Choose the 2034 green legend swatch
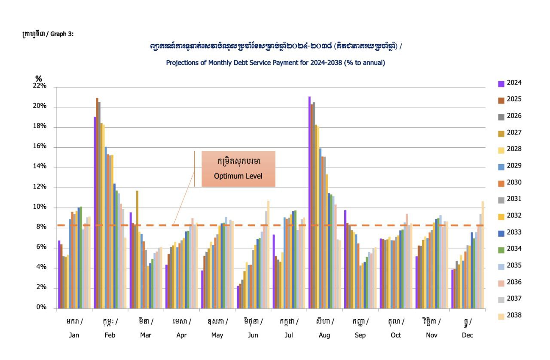tap(501, 249)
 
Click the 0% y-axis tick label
tap(41, 308)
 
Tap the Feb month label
tap(110, 335)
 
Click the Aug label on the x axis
tap(324, 335)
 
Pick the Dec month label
tap(467, 335)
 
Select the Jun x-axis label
tap(253, 335)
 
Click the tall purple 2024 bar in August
tap(309, 202)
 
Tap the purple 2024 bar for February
tap(95, 213)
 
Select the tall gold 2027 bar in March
tap(137, 249)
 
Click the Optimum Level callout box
tap(238, 169)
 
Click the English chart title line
tap(275, 63)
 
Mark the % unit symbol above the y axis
tap(39, 79)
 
